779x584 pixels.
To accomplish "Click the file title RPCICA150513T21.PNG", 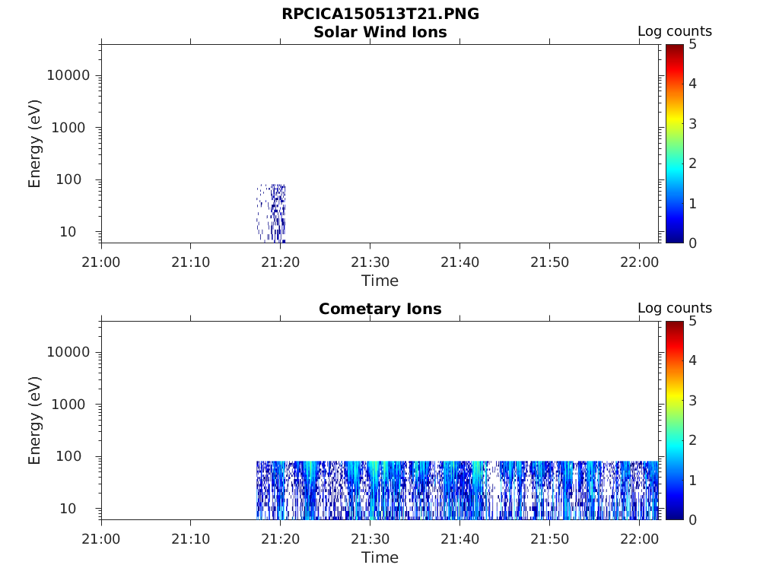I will tap(380, 14).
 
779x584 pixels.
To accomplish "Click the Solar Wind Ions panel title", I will tap(380, 32).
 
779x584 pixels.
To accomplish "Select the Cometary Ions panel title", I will tap(380, 309).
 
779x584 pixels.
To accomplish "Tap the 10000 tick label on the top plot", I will tap(68, 75).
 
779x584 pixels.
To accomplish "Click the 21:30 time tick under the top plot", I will tap(370, 262).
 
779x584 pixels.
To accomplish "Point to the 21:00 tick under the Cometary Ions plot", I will tap(101, 539).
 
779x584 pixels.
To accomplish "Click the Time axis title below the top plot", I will tap(380, 281).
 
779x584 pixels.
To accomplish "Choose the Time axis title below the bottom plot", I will tap(380, 557).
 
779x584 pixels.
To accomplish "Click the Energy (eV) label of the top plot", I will tap(35, 144).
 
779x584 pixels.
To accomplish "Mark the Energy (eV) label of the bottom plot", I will tap(35, 421).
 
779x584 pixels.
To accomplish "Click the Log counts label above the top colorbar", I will tap(674, 32).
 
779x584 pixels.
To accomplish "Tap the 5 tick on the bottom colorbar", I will tap(692, 321).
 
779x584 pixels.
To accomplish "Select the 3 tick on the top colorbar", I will tap(692, 123).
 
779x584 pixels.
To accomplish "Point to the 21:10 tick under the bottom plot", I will tap(190, 539).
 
